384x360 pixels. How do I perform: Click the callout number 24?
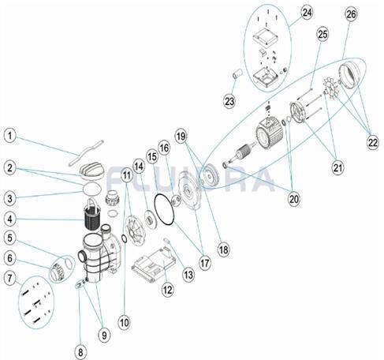click(x=307, y=13)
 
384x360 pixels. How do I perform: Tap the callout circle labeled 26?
click(x=351, y=13)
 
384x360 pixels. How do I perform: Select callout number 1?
click(x=9, y=137)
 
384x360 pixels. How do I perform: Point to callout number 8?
click(x=80, y=352)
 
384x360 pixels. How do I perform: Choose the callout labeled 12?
click(x=167, y=290)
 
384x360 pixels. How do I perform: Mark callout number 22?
click(x=372, y=143)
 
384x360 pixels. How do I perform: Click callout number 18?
click(x=223, y=249)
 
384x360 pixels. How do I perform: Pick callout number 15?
click(x=152, y=157)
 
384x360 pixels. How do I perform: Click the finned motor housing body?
click(x=270, y=133)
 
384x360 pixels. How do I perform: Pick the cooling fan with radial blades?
click(x=331, y=89)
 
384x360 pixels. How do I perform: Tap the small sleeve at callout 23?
click(x=237, y=73)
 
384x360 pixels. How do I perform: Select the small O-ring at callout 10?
click(x=125, y=239)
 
